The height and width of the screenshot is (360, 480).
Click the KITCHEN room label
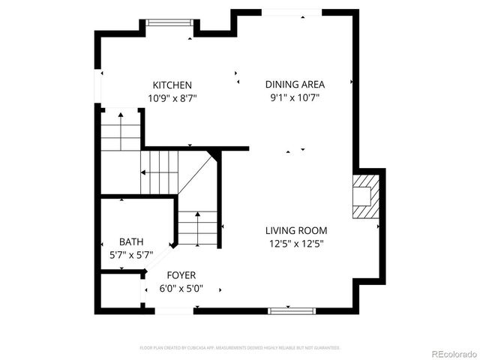pos(172,85)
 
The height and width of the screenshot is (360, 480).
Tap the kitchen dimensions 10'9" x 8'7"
pos(172,98)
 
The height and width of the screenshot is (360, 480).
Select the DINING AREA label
pos(295,85)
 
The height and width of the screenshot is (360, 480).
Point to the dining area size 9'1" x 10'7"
pos(295,97)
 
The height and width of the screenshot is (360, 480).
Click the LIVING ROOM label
pos(295,230)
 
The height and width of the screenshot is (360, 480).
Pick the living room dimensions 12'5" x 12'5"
pos(295,243)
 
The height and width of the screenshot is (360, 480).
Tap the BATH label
pos(131,241)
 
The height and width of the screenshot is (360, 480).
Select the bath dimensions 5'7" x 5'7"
pos(131,255)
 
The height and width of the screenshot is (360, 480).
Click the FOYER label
pos(181,275)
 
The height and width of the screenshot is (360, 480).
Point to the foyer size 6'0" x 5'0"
pos(181,289)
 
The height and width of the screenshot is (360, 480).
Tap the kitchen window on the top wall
pos(169,22)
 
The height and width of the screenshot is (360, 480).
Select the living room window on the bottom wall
pos(290,309)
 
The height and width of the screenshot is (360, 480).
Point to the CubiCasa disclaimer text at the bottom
pos(240,348)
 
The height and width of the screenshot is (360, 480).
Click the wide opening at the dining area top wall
pos(293,12)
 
